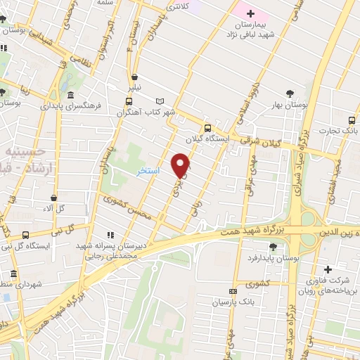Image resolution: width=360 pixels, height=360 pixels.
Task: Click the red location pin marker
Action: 181,165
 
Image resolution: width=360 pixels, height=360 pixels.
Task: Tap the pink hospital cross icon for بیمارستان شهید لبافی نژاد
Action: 250,13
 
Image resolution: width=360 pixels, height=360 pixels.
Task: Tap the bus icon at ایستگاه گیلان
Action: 207,128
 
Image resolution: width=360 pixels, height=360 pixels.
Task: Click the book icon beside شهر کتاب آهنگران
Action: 160,101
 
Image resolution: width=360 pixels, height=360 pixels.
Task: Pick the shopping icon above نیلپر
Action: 134,78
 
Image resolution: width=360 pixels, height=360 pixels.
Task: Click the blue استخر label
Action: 148,171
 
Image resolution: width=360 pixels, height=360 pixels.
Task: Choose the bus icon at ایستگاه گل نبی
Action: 26,235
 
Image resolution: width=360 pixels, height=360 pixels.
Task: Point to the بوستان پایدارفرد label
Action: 264,259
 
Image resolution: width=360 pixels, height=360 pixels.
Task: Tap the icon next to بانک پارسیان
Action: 233,292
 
